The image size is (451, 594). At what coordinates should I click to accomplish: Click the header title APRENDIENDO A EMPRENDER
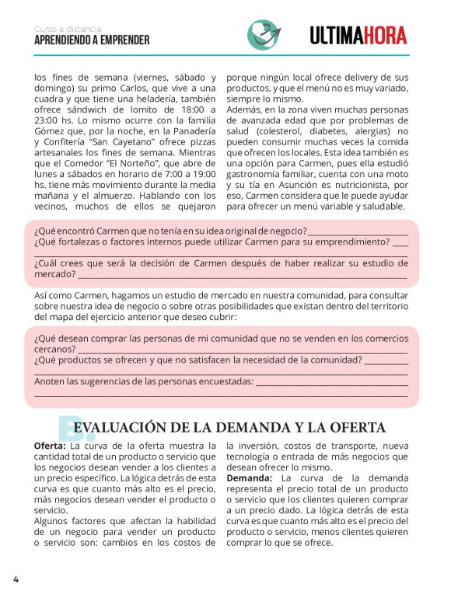(x=92, y=40)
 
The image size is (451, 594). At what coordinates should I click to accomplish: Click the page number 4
(x=15, y=579)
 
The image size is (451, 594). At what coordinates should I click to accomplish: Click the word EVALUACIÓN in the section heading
(x=121, y=428)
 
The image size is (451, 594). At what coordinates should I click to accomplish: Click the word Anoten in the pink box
(x=51, y=382)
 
